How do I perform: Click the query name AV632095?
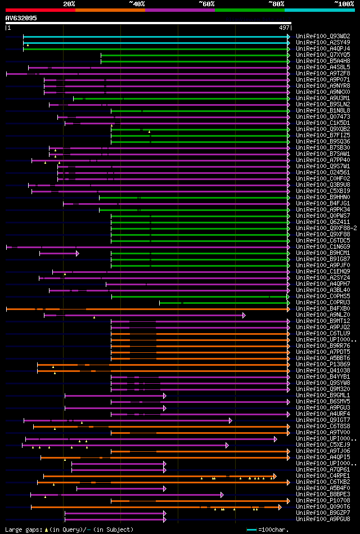coord(21,18)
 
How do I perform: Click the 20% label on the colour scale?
coord(69,4)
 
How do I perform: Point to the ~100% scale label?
coord(344,4)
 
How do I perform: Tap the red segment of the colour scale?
coord(40,10)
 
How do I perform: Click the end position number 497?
coord(284,27)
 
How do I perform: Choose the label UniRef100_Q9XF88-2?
coord(325,228)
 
